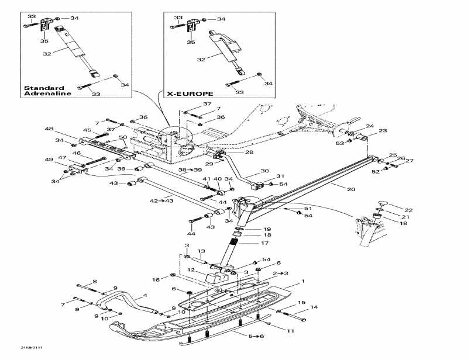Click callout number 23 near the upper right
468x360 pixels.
pos(383,131)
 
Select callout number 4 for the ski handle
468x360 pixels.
pos(144,295)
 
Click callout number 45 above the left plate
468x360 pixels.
pos(87,130)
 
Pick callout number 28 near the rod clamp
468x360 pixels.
pos(249,152)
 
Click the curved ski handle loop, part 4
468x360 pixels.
pos(111,301)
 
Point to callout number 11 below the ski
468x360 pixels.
pos(290,331)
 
